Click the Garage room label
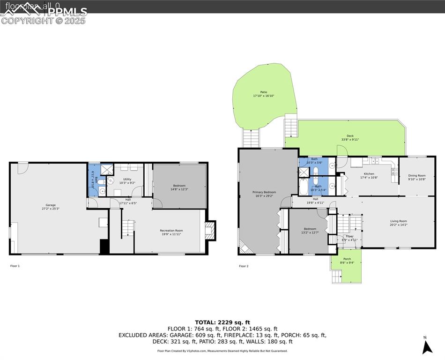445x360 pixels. pyautogui.click(x=51, y=205)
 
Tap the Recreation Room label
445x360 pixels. pyautogui.click(x=171, y=230)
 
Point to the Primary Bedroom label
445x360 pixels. pyautogui.click(x=264, y=192)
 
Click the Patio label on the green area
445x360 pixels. pyautogui.click(x=264, y=92)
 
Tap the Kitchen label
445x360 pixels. pyautogui.click(x=369, y=174)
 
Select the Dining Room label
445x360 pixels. pyautogui.click(x=417, y=175)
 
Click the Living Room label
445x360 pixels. pyautogui.click(x=399, y=221)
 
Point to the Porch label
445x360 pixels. pyautogui.click(x=347, y=259)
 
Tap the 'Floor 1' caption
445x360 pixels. pyautogui.click(x=15, y=266)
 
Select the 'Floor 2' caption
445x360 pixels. pyautogui.click(x=244, y=266)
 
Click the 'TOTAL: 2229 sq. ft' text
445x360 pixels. pyautogui.click(x=222, y=322)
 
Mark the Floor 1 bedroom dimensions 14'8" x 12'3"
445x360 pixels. pyautogui.click(x=180, y=189)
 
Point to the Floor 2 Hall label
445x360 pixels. pyautogui.click(x=315, y=199)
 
